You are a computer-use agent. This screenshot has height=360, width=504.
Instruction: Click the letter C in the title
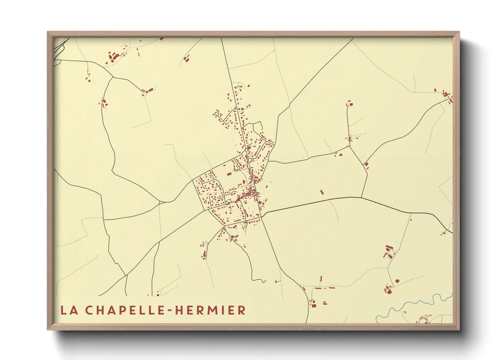(x=89, y=310)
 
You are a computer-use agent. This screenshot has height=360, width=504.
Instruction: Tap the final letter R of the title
(x=242, y=310)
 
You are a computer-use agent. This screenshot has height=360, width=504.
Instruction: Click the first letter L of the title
(x=64, y=310)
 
